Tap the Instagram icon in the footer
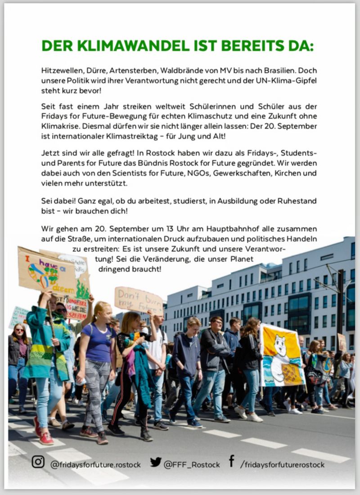pos(38,462)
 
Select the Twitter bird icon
pos(156,462)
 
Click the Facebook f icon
pos(231,461)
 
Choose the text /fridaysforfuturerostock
pos(282,464)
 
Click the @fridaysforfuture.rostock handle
pos(95,464)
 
